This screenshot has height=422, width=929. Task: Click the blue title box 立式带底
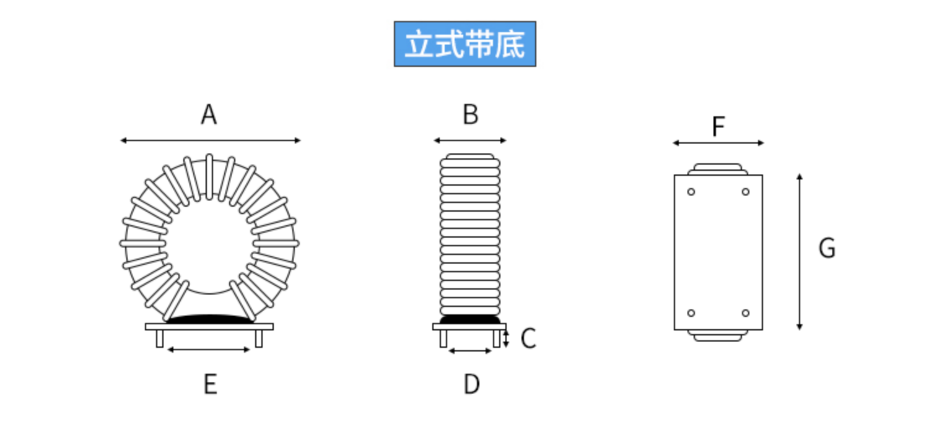point(464,44)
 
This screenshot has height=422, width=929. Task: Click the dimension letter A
point(209,114)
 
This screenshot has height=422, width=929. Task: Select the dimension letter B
point(470,114)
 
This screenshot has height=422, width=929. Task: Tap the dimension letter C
point(528,339)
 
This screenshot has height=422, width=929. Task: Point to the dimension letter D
point(471,384)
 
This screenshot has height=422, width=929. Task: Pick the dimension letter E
point(210,384)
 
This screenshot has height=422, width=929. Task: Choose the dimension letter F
point(718,127)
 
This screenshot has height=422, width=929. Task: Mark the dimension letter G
point(827,248)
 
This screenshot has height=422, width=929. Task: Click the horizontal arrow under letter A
point(210,140)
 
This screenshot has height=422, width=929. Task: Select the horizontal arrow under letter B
point(470,140)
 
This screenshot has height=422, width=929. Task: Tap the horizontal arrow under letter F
point(718,143)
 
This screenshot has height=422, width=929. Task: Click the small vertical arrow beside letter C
point(507,338)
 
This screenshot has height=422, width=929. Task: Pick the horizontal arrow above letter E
point(209,350)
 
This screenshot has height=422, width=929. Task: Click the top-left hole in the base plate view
point(691,192)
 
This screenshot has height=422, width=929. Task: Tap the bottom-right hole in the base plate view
point(746,313)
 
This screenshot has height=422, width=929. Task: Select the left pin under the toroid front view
point(160,338)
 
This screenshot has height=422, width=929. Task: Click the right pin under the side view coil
point(497,338)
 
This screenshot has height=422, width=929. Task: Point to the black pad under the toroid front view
point(210,319)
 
